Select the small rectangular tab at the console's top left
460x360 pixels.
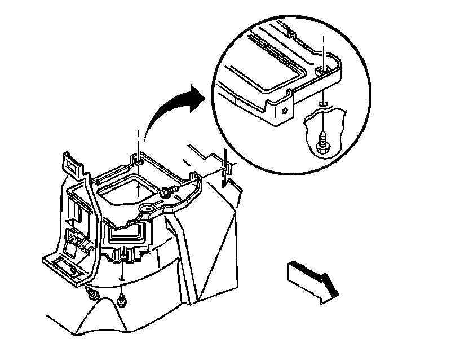[70, 164]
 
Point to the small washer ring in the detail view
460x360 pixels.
[321, 104]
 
